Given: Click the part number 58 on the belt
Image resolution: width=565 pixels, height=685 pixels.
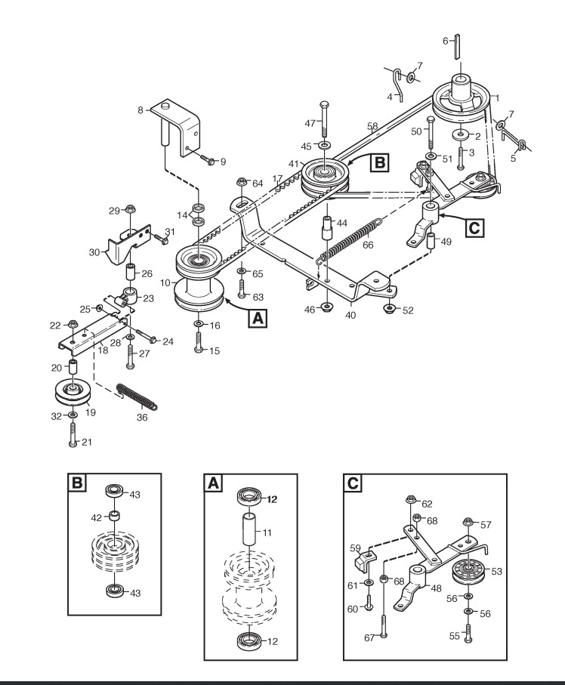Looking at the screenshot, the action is (x=372, y=126).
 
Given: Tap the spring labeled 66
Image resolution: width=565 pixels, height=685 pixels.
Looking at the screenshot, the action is (x=347, y=241).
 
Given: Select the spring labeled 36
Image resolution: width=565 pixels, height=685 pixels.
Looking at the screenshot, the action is (x=136, y=396).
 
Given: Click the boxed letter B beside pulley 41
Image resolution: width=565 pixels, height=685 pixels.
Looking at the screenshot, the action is (x=379, y=162).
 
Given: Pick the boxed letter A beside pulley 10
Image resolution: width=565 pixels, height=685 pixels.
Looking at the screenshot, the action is (x=258, y=318).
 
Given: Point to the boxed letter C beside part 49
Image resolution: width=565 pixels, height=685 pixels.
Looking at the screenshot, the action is (x=474, y=227).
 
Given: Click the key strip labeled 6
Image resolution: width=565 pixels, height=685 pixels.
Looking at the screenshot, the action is (x=457, y=46).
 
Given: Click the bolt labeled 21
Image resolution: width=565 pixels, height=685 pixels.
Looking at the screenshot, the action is (x=73, y=434).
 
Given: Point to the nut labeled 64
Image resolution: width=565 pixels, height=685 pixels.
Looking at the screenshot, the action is (x=242, y=181).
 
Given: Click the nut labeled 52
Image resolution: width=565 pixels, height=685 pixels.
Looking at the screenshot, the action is (x=389, y=309).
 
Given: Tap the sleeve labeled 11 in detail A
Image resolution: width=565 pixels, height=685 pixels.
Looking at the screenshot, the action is (x=249, y=529).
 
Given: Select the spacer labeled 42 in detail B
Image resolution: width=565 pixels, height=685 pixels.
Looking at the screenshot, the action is (x=115, y=516).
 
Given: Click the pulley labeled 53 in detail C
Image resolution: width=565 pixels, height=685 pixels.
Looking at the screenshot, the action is (x=468, y=570).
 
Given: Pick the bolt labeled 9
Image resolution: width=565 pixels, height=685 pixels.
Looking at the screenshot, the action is (x=208, y=159).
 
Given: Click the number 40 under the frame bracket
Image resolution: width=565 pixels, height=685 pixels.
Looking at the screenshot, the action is (x=350, y=314).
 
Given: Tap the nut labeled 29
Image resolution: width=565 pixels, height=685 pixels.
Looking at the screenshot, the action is (x=129, y=208).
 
